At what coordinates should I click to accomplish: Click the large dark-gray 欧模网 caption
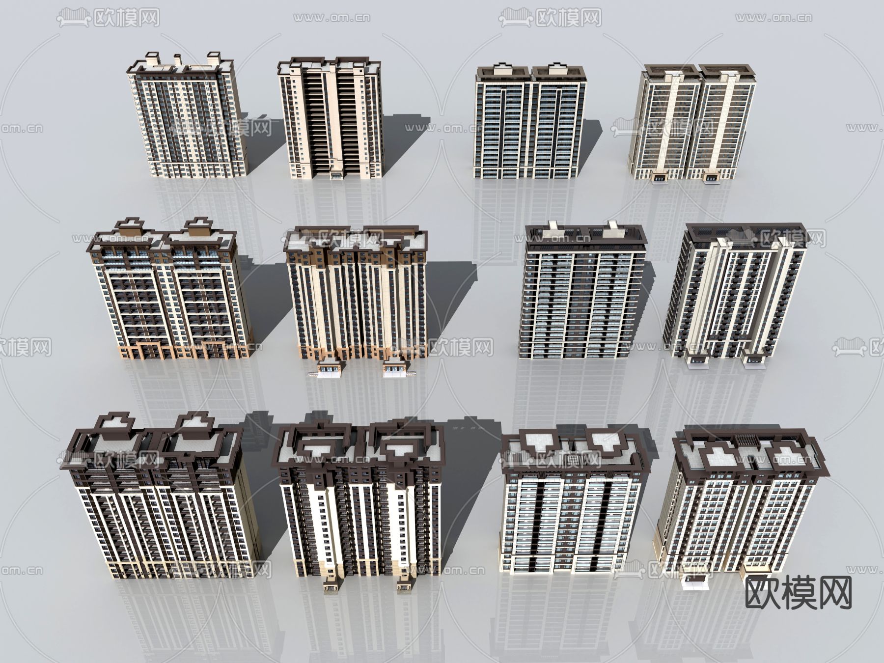(x=799, y=593)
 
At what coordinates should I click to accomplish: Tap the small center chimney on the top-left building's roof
(x=177, y=59)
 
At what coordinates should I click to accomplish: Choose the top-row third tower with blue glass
(x=530, y=121)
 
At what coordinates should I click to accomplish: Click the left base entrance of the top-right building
(x=661, y=176)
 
